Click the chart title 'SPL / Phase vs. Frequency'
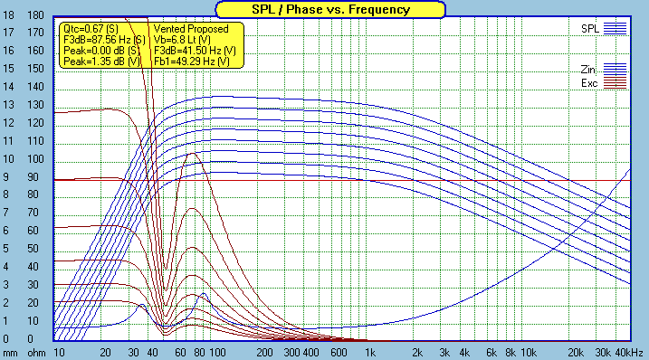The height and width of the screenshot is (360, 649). pos(324,10)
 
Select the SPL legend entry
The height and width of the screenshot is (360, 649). pos(590,29)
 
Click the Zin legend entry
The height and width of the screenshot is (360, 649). pos(590,69)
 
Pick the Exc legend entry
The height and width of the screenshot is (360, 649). pos(590,83)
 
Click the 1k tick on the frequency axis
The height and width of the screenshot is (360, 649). pos(369,351)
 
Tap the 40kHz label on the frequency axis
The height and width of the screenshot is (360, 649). pos(626,351)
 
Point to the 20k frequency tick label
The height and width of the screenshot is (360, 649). pos(574,351)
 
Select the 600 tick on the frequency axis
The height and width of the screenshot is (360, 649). pos(339,351)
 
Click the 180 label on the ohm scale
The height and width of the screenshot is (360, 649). pos(36,16)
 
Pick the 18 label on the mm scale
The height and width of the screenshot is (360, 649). pos(9,16)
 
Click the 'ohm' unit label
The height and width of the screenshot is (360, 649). pos(36,351)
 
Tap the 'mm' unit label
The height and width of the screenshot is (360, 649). pos(9,351)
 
